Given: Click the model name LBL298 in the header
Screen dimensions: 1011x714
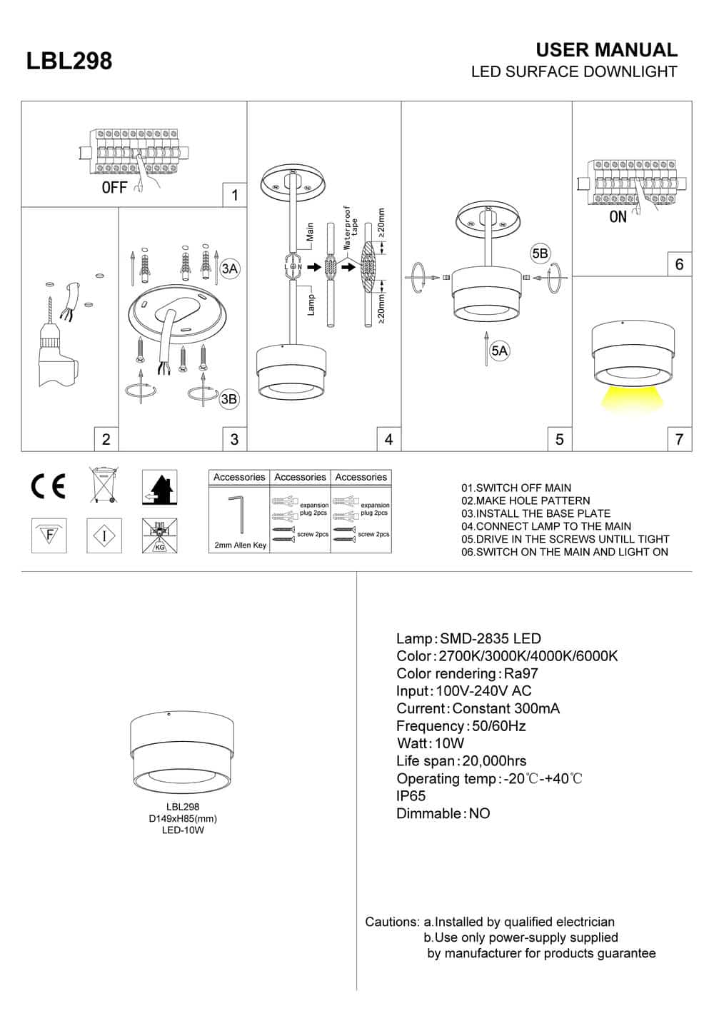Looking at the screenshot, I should coord(69,61).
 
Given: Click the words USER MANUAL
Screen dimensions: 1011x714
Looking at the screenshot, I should coord(606,50).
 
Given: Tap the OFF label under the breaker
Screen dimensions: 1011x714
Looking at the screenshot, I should coord(115,188).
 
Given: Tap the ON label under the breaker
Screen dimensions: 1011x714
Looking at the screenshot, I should coord(618,217).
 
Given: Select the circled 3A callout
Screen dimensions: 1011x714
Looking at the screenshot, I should coord(229,268).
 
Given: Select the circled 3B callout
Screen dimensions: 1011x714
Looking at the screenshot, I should coord(228,399).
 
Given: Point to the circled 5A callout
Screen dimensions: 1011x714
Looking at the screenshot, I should coord(500,350).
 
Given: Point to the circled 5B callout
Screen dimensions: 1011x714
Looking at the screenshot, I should coord(540,253).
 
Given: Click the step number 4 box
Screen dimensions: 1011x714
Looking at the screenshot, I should coord(388,439).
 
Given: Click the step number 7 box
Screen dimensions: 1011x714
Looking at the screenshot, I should coord(679,439).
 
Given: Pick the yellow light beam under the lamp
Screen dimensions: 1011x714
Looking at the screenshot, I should coord(630,398).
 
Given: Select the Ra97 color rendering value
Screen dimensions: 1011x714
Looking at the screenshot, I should coord(521,673).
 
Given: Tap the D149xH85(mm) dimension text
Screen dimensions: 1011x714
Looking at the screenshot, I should coord(183,819).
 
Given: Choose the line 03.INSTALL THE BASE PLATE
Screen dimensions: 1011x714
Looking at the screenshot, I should coord(535,513).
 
